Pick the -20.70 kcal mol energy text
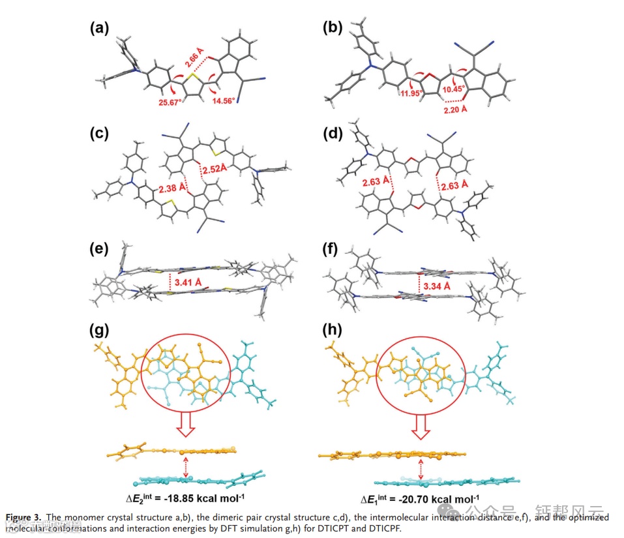417,499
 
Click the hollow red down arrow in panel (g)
185,428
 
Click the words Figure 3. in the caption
24,517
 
